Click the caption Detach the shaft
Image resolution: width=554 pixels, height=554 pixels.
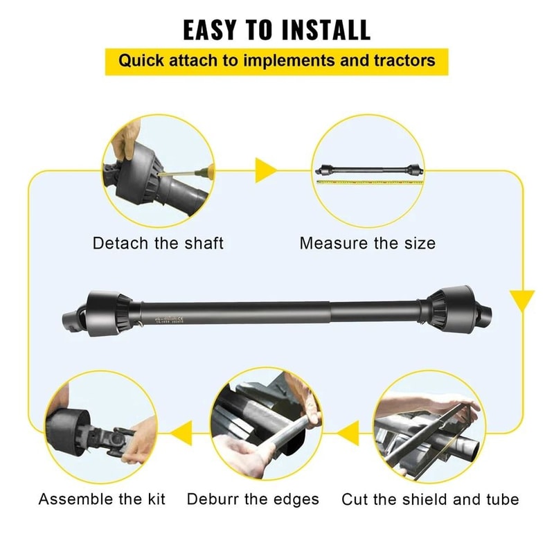coord(158,244)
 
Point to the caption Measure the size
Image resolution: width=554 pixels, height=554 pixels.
coord(367,244)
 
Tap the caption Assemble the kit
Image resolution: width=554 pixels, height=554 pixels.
coord(102,499)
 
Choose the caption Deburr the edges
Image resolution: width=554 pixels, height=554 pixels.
coord(253,499)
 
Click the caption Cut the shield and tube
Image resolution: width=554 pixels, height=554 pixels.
coord(430,499)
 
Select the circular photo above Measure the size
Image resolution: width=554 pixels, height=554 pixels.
coord(368,170)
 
